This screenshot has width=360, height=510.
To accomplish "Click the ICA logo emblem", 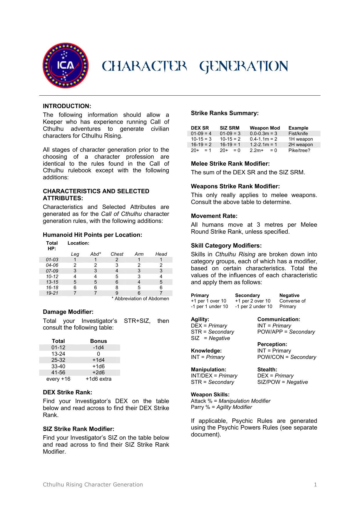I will tap(65, 66).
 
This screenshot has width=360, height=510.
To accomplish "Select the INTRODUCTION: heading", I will tap(67, 106).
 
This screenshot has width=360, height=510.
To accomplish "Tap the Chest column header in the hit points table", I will tap(117, 254).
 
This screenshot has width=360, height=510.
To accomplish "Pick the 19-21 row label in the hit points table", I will tap(52, 293).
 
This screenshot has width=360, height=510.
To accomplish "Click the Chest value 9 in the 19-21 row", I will tap(117, 293).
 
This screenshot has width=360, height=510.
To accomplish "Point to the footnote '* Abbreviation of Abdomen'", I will tap(140, 298).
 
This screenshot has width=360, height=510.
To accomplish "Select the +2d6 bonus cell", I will tap(98, 373).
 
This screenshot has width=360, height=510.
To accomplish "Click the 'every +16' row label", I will tap(58, 379).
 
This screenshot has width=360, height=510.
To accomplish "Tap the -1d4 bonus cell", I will tap(98, 348).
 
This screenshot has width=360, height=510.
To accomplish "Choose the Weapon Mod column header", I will tap(265, 128).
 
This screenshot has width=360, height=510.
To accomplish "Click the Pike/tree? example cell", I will tap(299, 150).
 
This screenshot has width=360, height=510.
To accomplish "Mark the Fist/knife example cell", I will tap(298, 133).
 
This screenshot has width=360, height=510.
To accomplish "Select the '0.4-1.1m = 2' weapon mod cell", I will tap(263, 139).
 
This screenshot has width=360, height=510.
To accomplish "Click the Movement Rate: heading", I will tap(214, 216).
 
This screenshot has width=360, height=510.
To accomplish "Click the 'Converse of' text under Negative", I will tap(292, 301).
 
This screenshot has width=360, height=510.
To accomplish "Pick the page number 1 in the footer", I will tap(315, 484).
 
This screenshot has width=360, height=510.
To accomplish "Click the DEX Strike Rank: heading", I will tap(67, 392).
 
